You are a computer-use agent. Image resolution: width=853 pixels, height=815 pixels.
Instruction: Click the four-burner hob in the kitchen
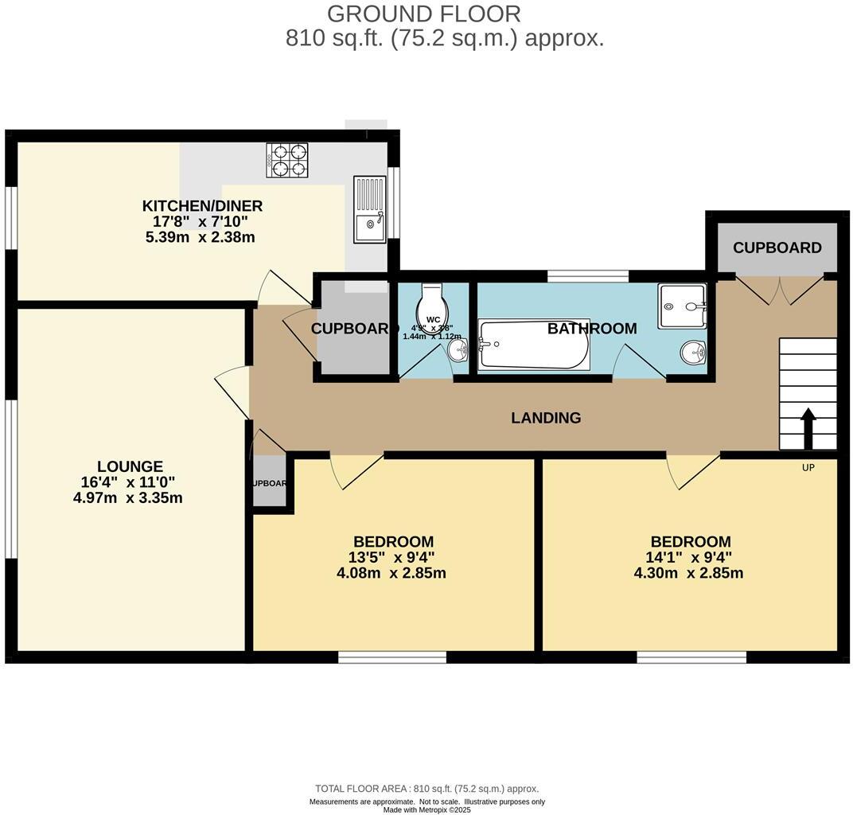(x=286, y=160)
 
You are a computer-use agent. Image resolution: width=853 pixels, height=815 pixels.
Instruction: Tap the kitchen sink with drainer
(x=370, y=209)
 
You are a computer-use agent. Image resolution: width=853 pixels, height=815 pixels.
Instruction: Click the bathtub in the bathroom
(x=533, y=345)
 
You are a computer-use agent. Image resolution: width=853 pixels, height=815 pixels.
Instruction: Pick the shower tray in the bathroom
(x=682, y=306)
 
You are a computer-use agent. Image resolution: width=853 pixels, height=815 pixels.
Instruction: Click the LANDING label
(x=546, y=418)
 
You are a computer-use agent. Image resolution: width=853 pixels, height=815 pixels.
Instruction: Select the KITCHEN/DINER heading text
(x=202, y=206)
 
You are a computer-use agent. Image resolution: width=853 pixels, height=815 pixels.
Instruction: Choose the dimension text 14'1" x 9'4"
(x=689, y=557)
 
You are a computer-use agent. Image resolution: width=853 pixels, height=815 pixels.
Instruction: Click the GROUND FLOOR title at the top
(x=424, y=14)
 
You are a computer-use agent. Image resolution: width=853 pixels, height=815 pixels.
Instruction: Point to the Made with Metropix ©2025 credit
(x=426, y=809)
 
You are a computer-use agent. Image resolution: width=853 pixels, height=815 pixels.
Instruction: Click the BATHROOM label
(x=592, y=329)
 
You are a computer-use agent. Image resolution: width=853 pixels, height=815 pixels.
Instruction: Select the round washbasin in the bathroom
(x=693, y=352)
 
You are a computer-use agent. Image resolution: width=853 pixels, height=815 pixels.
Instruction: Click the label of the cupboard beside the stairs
(x=777, y=248)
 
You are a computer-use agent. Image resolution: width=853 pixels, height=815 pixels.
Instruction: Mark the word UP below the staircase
(x=808, y=468)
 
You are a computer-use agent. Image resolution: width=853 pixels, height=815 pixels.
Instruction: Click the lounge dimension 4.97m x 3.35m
(x=128, y=498)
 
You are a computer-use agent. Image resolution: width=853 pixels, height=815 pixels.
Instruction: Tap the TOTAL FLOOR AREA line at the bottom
(x=426, y=789)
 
